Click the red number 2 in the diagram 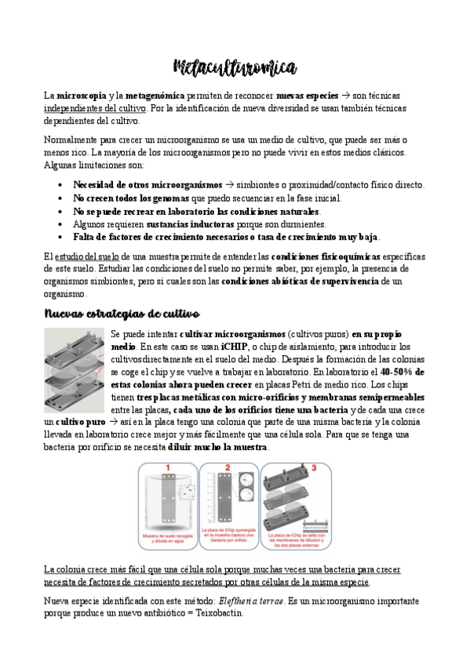tap(228, 468)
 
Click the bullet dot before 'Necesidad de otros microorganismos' tap(61, 185)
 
